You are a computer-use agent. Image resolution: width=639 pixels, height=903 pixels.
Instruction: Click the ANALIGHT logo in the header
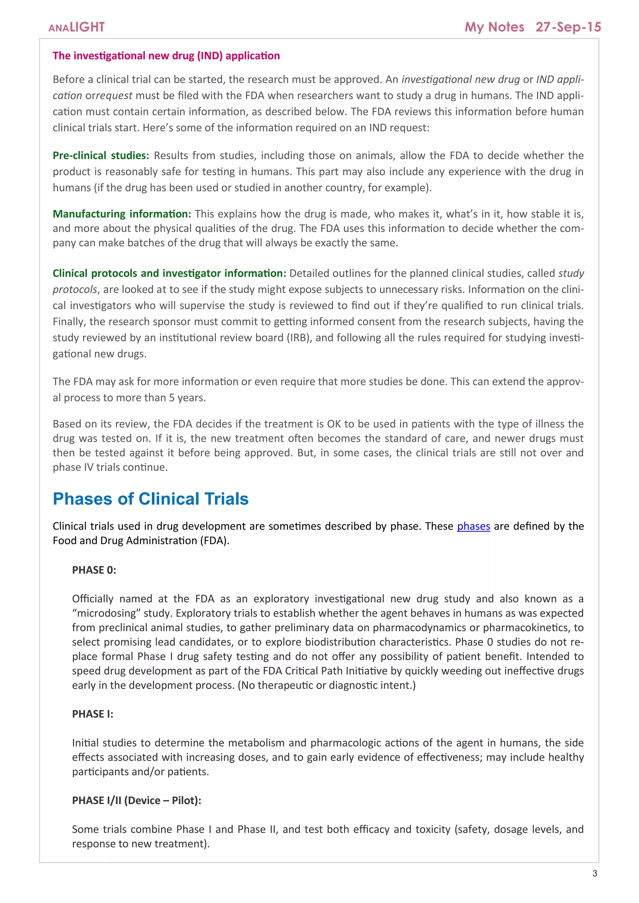tap(76, 27)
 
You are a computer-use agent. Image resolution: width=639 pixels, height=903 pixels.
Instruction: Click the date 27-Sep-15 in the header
tap(568, 27)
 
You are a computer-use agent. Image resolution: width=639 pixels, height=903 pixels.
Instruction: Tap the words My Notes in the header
tap(494, 27)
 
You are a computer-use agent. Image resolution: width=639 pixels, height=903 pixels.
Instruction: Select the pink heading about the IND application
tap(166, 56)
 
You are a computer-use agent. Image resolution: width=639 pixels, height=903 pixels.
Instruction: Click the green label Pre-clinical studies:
tap(101, 155)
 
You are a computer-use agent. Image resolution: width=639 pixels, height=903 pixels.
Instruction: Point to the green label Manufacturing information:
tap(122, 214)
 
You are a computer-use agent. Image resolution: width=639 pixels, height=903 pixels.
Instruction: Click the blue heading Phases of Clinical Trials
tap(150, 499)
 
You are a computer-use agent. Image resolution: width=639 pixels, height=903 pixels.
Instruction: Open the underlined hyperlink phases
tap(473, 526)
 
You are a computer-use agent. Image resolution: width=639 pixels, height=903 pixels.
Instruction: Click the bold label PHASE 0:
tap(94, 570)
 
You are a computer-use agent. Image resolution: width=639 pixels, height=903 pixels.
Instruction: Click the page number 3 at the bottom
tap(594, 873)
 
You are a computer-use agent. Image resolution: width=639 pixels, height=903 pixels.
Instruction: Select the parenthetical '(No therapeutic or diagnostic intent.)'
tap(326, 685)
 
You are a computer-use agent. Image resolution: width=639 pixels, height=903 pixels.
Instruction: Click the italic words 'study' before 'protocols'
tap(571, 273)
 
